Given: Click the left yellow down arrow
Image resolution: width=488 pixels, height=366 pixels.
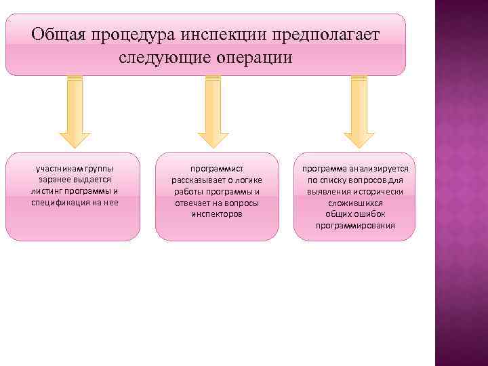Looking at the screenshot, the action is point(75,112).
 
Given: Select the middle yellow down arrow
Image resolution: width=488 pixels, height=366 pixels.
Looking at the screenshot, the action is point(213,112).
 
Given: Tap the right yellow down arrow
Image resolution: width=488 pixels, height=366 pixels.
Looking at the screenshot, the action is point(359,112).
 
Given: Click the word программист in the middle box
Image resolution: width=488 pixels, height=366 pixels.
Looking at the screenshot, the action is point(217,168).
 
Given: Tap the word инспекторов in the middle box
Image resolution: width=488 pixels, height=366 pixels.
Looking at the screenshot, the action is point(217,214).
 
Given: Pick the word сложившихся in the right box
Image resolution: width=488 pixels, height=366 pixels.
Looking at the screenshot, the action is point(355,203).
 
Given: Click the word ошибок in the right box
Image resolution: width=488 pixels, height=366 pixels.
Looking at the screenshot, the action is point(370,214).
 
